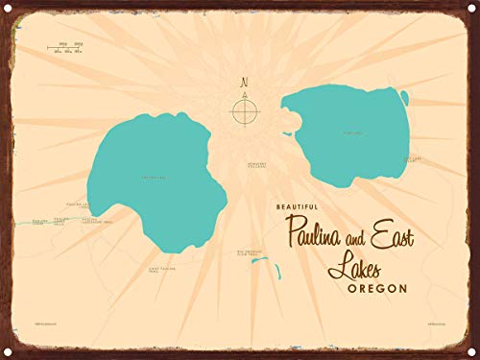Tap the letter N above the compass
(244, 82)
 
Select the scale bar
(68, 46)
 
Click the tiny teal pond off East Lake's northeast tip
(404, 97)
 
